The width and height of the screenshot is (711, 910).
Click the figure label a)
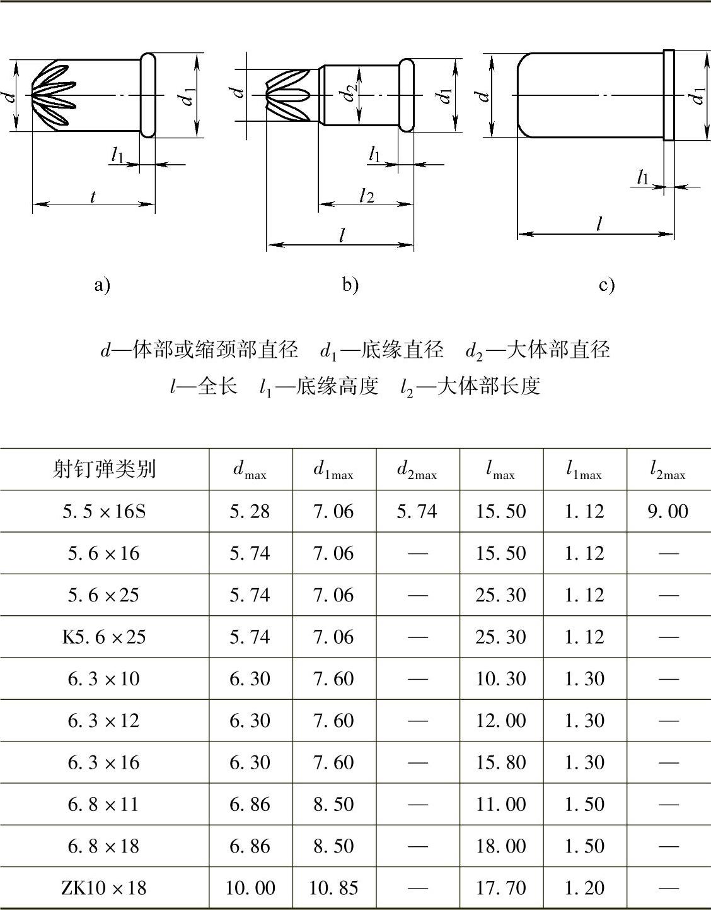(x=103, y=285)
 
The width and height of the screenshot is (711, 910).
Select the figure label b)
(x=350, y=285)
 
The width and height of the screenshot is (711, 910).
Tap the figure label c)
(x=606, y=285)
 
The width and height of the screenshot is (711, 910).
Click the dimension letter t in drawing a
(x=93, y=196)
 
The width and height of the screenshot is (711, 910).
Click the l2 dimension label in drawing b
(x=366, y=195)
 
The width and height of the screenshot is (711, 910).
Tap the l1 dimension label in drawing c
(x=642, y=177)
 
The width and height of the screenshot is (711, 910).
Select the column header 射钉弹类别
(x=104, y=469)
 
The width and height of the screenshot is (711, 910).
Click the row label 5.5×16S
(x=104, y=511)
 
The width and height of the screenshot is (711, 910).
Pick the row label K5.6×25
(x=104, y=637)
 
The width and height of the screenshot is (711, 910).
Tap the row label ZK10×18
(x=104, y=888)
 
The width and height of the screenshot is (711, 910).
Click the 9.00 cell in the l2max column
(x=668, y=511)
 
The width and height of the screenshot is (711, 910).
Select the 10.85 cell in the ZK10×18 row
(x=333, y=888)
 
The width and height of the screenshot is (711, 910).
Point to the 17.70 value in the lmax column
(x=500, y=888)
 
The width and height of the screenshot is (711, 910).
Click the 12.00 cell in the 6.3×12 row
(x=500, y=721)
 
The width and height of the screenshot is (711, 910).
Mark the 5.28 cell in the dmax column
(x=250, y=511)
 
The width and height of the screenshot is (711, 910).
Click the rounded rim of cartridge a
(x=147, y=95)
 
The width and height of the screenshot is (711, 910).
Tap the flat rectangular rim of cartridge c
(x=669, y=95)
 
